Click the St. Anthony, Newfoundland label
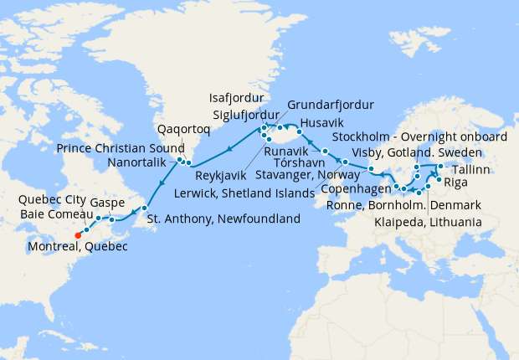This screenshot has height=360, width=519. click(x=223, y=219)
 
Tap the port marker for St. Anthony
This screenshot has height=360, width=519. click(x=145, y=208)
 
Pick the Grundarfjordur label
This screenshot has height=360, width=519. click(x=330, y=105)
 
